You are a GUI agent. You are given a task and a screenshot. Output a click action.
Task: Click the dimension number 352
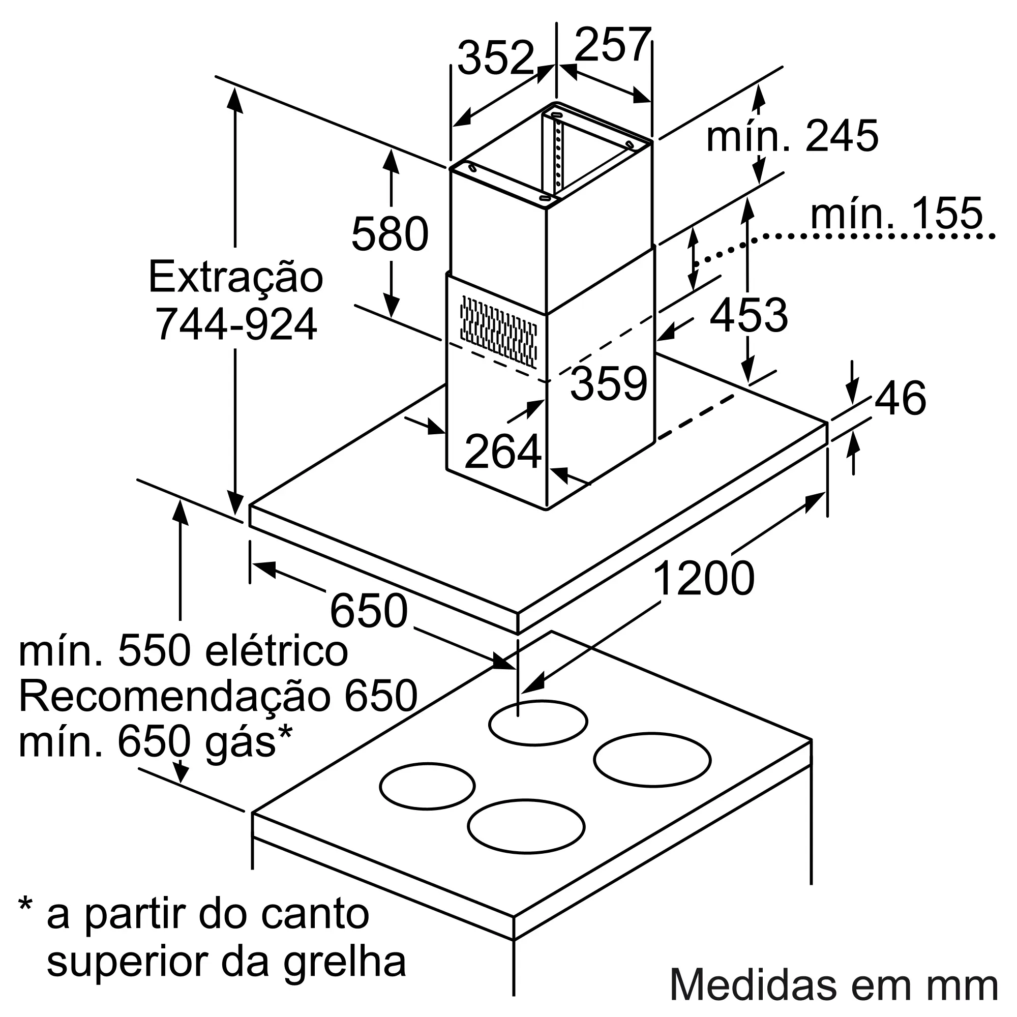point(496,58)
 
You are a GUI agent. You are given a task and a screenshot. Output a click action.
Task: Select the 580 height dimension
point(390,234)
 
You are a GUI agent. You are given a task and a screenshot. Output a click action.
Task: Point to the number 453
point(749,315)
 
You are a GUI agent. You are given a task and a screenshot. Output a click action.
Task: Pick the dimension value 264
point(503,451)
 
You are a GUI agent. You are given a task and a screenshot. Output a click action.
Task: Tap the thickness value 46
point(900,399)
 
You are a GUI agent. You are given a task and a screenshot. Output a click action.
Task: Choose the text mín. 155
point(896,213)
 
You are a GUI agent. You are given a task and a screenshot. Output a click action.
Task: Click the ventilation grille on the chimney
point(498,332)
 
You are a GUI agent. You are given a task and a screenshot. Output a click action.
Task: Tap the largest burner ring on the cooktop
point(652,760)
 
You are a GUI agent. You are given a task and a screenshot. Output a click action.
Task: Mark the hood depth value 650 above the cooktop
point(369,611)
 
